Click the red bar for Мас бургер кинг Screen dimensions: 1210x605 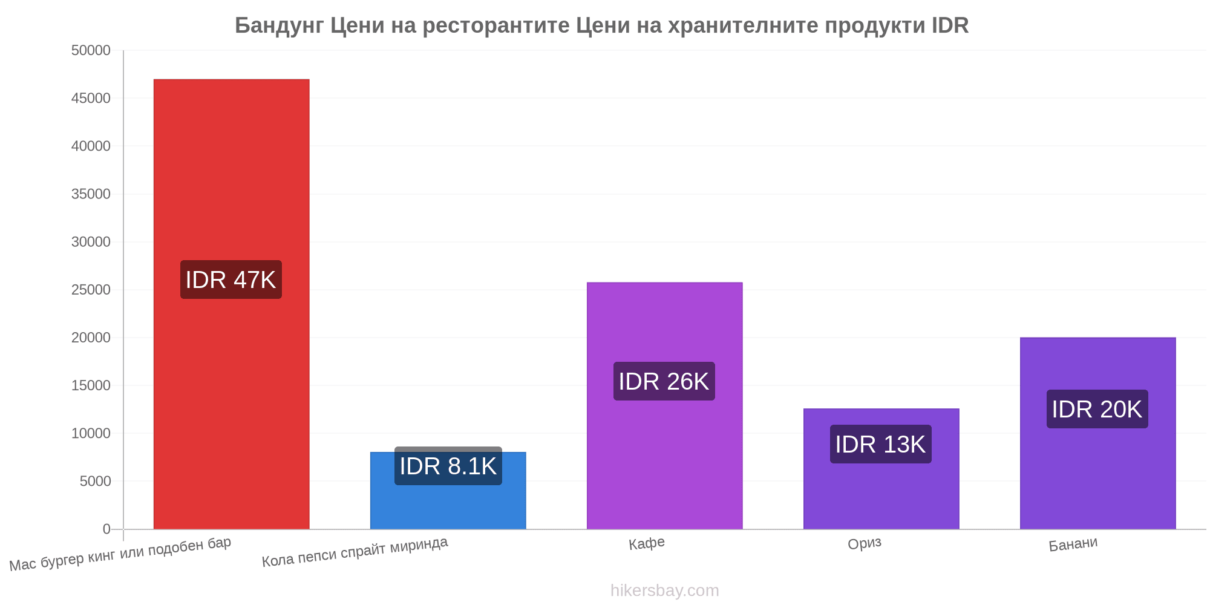tap(231, 304)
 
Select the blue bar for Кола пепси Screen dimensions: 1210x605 tap(448, 491)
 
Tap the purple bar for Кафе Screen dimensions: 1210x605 tap(664, 406)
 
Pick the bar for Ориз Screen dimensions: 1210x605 tap(881, 469)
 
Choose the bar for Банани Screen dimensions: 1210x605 tap(1097, 433)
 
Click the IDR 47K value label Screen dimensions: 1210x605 tap(231, 280)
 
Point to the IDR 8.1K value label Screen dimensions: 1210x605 tap(448, 466)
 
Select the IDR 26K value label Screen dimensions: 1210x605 tap(664, 381)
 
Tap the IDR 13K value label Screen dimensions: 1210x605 tap(881, 444)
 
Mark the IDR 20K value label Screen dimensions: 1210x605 tap(1097, 409)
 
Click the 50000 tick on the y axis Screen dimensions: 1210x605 tap(91, 50)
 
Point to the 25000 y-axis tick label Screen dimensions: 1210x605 tap(91, 290)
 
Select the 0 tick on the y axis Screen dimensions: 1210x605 tap(106, 529)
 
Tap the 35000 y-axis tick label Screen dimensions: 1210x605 tap(91, 194)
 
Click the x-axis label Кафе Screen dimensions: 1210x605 tap(647, 543)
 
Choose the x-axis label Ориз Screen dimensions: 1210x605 tap(865, 543)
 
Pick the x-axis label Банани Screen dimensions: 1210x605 tap(1073, 544)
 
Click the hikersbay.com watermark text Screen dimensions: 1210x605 tap(665, 590)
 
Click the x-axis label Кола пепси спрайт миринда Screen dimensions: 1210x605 tap(355, 552)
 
